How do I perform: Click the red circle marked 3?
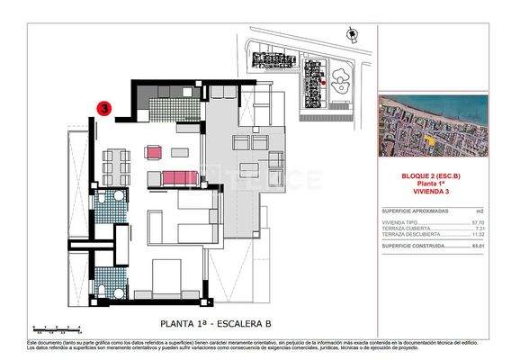click(x=104, y=109)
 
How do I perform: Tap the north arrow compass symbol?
click(x=349, y=33)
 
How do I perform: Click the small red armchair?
click(x=153, y=153)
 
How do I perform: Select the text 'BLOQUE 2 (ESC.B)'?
click(x=433, y=177)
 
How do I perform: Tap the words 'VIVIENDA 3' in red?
click(x=433, y=193)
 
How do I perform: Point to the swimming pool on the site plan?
click(x=343, y=86)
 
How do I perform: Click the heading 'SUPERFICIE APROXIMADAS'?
click(x=408, y=210)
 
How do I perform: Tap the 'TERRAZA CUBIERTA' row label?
click(x=400, y=227)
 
